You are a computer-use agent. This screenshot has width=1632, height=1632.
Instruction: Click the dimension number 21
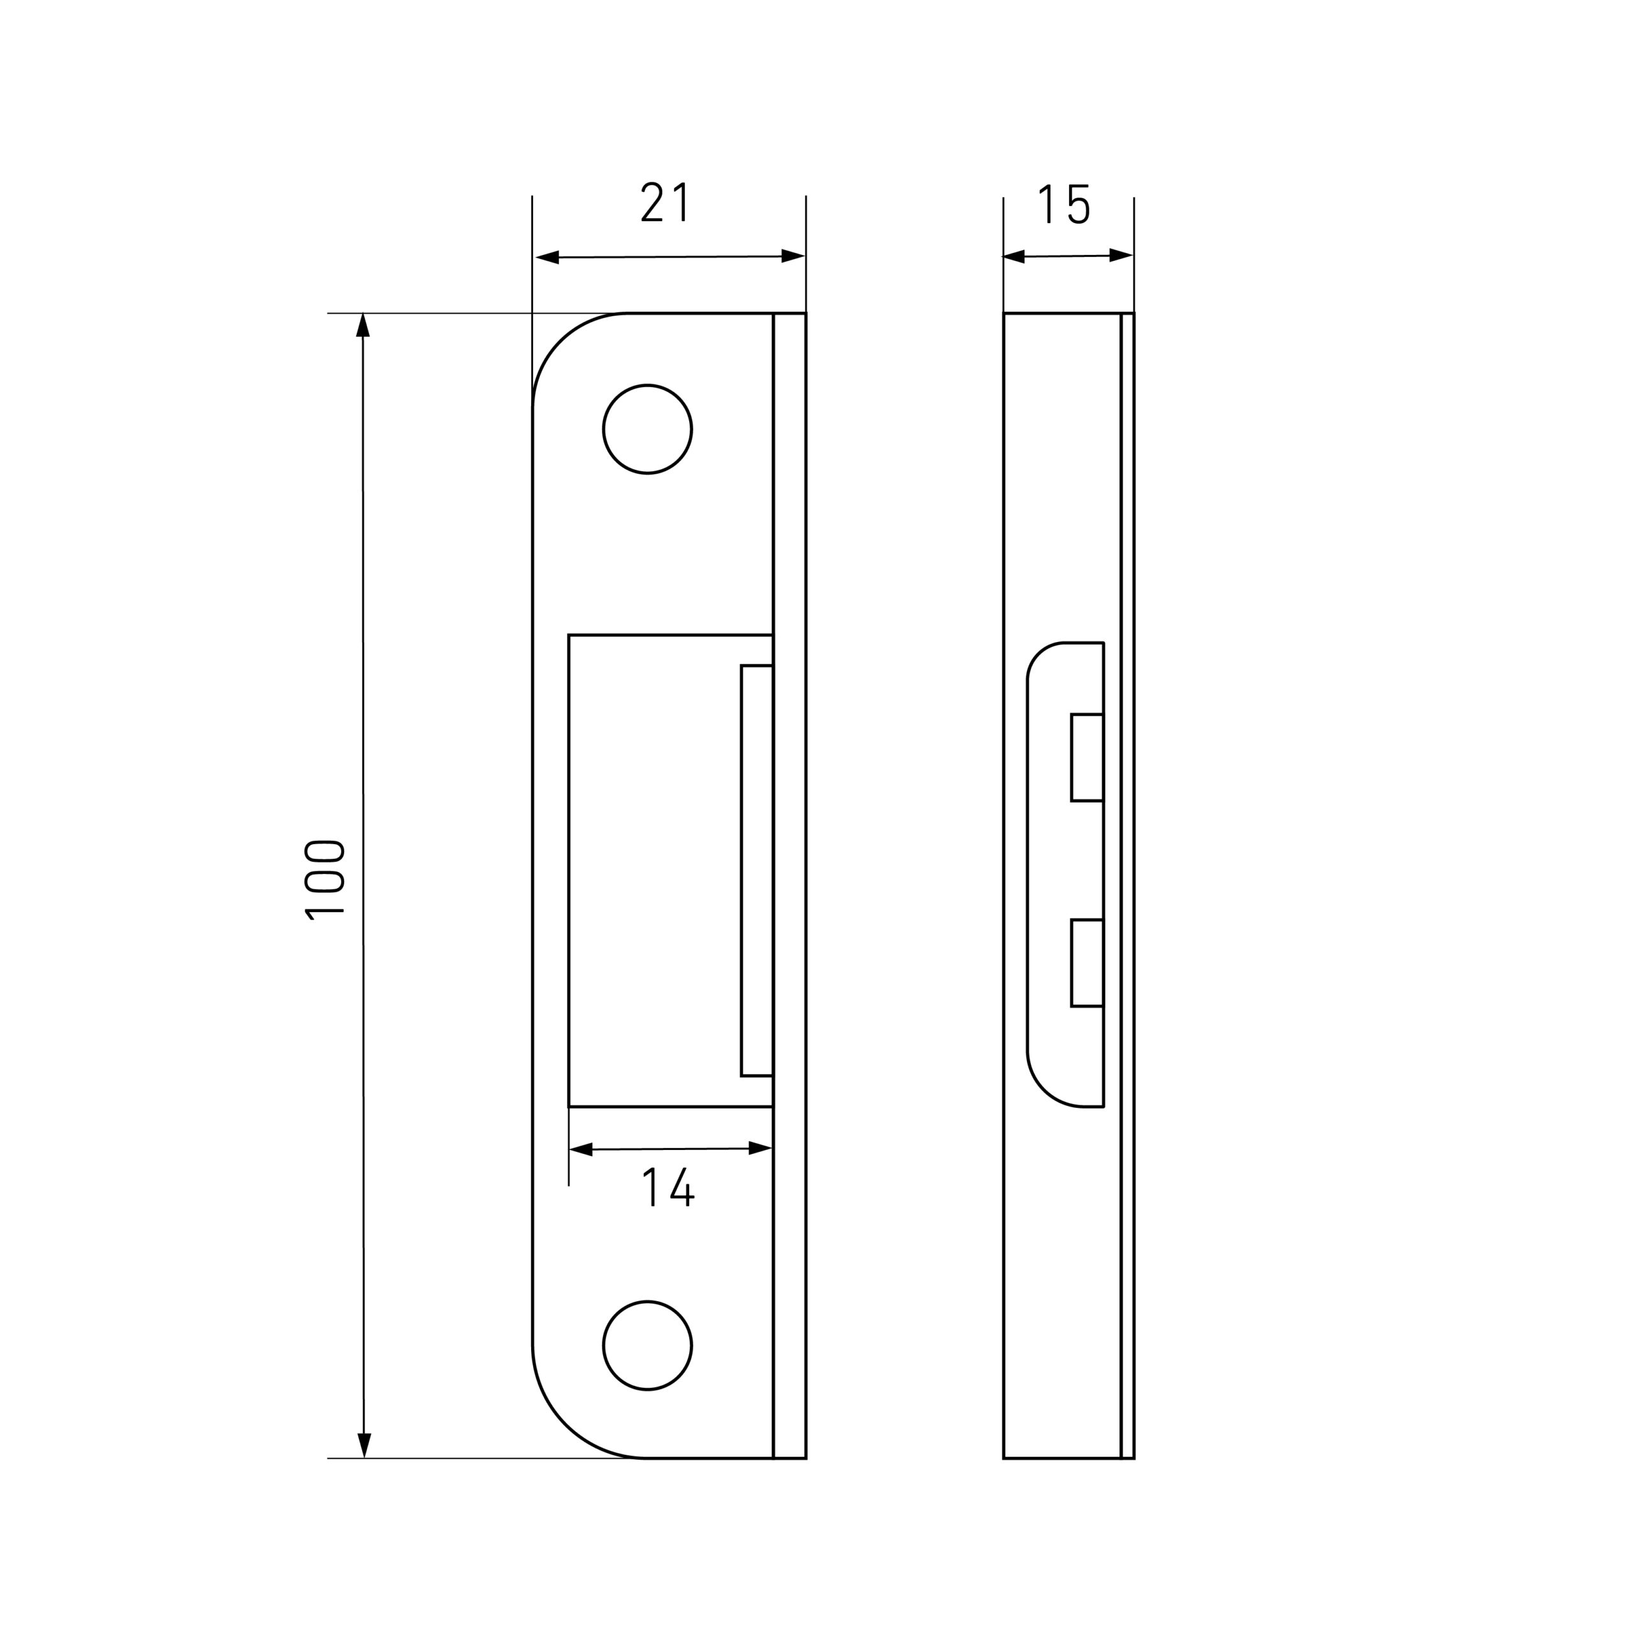tap(666, 203)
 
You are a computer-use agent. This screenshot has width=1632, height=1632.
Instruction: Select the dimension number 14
tap(668, 1187)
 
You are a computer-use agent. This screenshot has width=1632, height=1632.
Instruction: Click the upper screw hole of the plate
tap(647, 429)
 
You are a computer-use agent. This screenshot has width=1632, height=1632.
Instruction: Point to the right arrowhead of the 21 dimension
tap(792, 256)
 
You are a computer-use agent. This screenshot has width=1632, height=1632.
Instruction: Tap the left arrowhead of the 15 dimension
tap(1014, 257)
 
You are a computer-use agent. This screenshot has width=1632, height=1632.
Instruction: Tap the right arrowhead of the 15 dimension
tap(1121, 255)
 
